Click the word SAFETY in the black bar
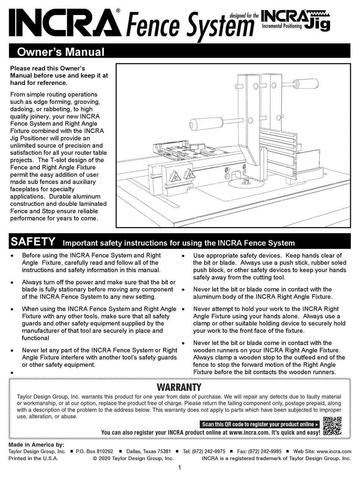tap(33, 242)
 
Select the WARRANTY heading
tap(179, 387)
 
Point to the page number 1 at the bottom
tap(179, 467)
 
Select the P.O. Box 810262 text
tap(94, 451)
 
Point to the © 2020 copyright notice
tap(133, 458)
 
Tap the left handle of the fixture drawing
tap(206, 124)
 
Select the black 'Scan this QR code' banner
tap(260, 424)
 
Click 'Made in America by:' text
tap(36, 445)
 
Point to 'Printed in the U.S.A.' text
tap(33, 458)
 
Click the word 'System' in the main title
tap(220, 25)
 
